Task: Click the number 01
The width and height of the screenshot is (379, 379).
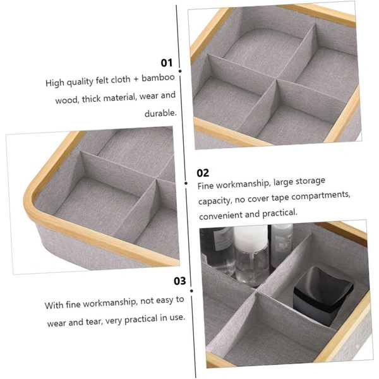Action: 167,63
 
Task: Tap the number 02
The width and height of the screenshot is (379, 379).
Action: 203,173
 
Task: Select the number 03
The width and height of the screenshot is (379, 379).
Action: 180,281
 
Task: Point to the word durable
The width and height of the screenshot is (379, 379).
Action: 160,113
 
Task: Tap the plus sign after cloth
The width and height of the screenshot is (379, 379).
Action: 136,79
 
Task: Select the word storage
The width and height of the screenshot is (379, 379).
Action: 310,181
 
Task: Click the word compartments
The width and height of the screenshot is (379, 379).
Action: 321,196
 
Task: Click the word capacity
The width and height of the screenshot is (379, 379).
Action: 215,201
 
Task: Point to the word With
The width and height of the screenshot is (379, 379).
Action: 54,305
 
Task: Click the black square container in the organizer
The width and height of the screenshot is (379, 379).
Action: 323,294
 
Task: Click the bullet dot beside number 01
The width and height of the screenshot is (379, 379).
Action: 180,71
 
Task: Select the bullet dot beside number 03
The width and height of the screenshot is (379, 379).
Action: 191,291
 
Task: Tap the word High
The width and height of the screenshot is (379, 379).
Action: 55,83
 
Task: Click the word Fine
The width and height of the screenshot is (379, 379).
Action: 205,186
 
